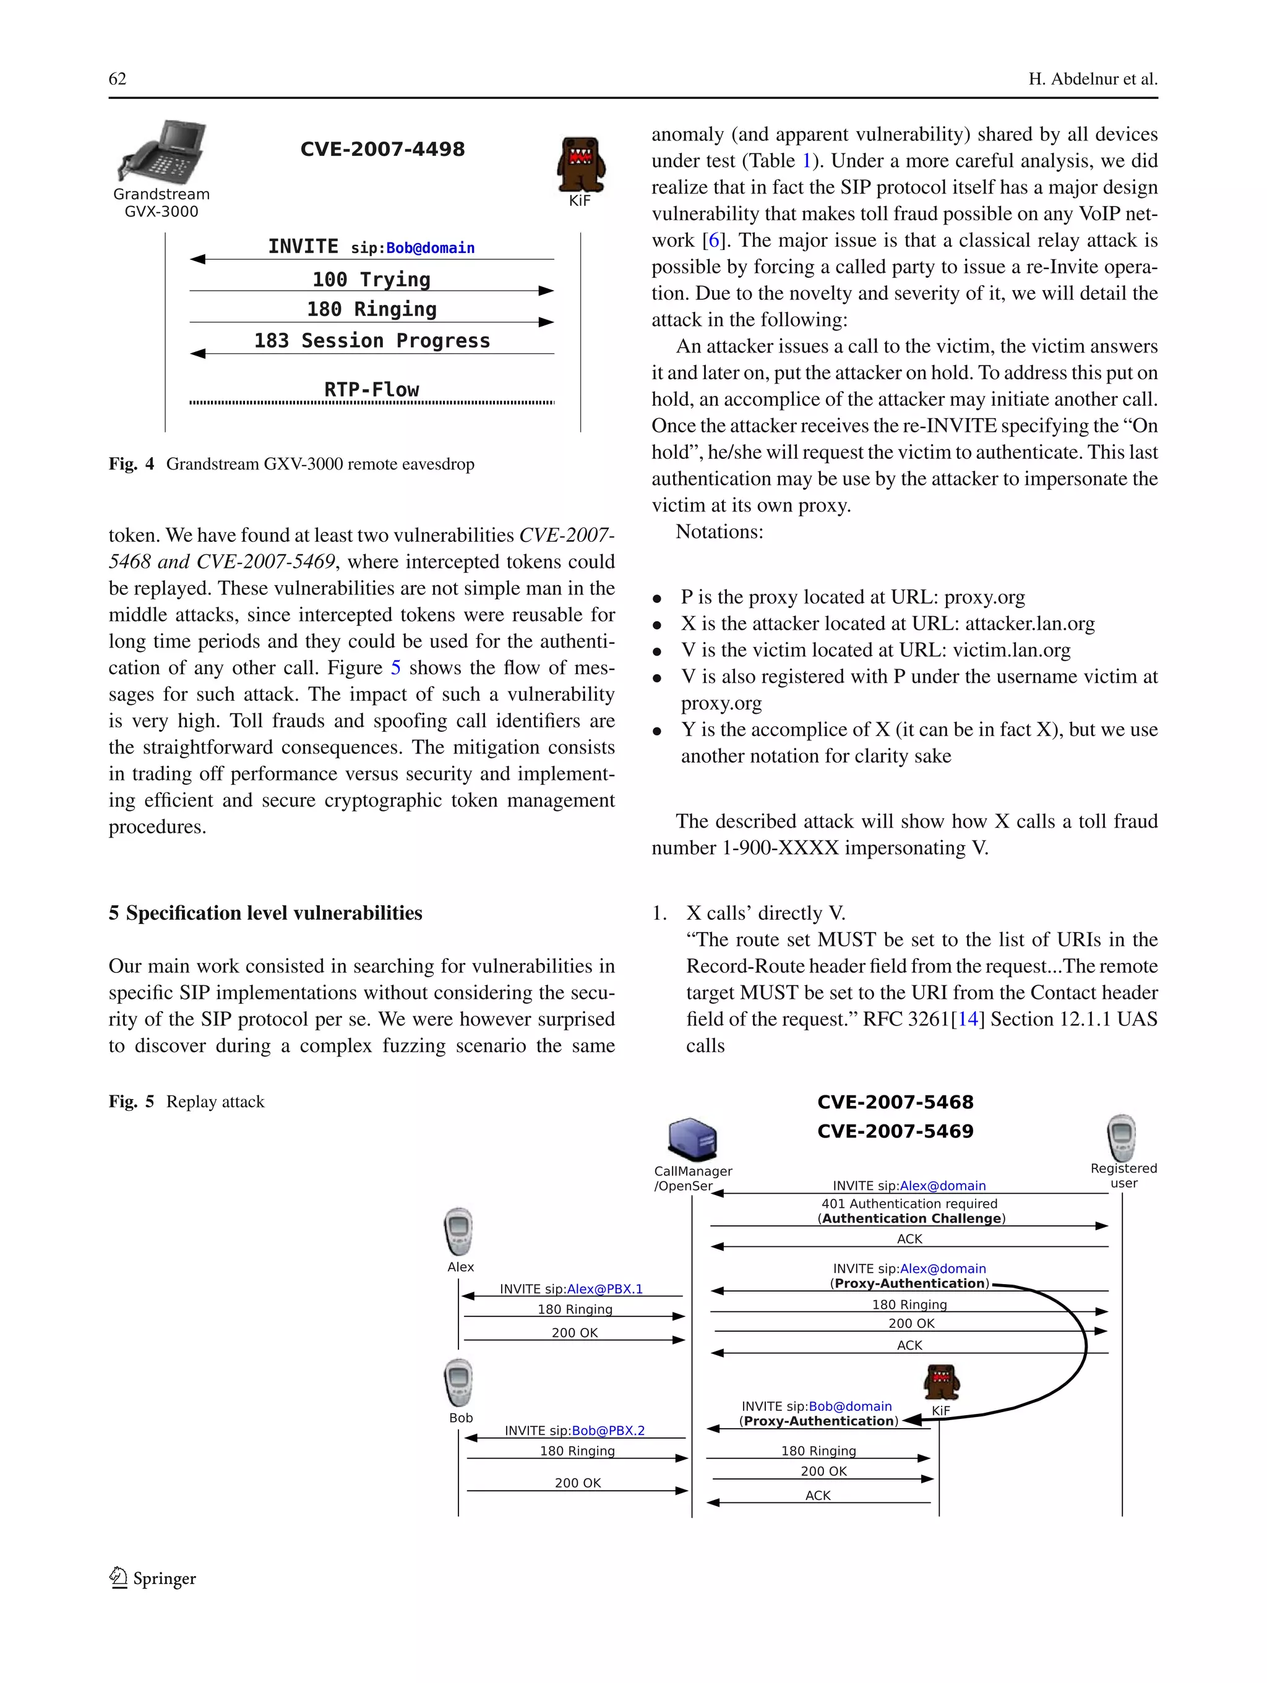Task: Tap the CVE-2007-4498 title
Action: [x=382, y=149]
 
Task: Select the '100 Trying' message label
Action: [x=371, y=279]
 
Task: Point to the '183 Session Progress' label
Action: [x=371, y=340]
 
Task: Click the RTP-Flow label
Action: [x=371, y=390]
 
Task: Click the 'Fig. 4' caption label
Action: [x=131, y=464]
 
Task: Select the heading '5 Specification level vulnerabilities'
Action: [x=265, y=913]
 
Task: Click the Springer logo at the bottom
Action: [x=153, y=1578]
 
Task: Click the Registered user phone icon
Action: [x=1121, y=1138]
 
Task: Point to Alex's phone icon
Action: [x=459, y=1231]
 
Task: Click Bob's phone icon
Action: [x=459, y=1382]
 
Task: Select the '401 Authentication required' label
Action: [x=909, y=1204]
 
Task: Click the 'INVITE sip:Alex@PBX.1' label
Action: [x=571, y=1289]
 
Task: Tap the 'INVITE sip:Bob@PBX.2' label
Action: [x=575, y=1431]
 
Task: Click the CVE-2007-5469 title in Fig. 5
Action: [x=895, y=1131]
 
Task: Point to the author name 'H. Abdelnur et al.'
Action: [x=1093, y=79]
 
